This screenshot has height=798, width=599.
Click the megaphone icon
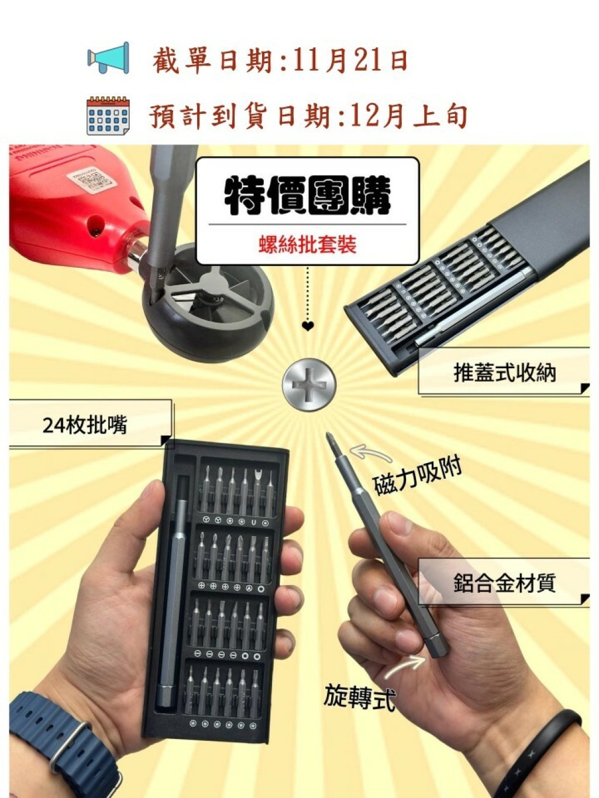point(108,58)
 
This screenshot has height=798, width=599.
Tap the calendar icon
point(108,116)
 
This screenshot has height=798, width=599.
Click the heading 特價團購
point(307,195)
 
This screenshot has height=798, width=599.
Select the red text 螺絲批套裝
point(307,245)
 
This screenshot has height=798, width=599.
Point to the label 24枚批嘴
point(84,424)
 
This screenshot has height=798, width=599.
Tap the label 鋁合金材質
point(505,583)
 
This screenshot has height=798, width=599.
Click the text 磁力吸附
point(418,475)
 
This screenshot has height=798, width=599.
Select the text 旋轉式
point(359,696)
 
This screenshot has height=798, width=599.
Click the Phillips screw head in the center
point(309,385)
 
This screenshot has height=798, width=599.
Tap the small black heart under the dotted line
point(308,326)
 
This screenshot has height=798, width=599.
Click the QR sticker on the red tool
point(91,181)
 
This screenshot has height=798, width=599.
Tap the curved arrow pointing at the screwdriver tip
point(370,453)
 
